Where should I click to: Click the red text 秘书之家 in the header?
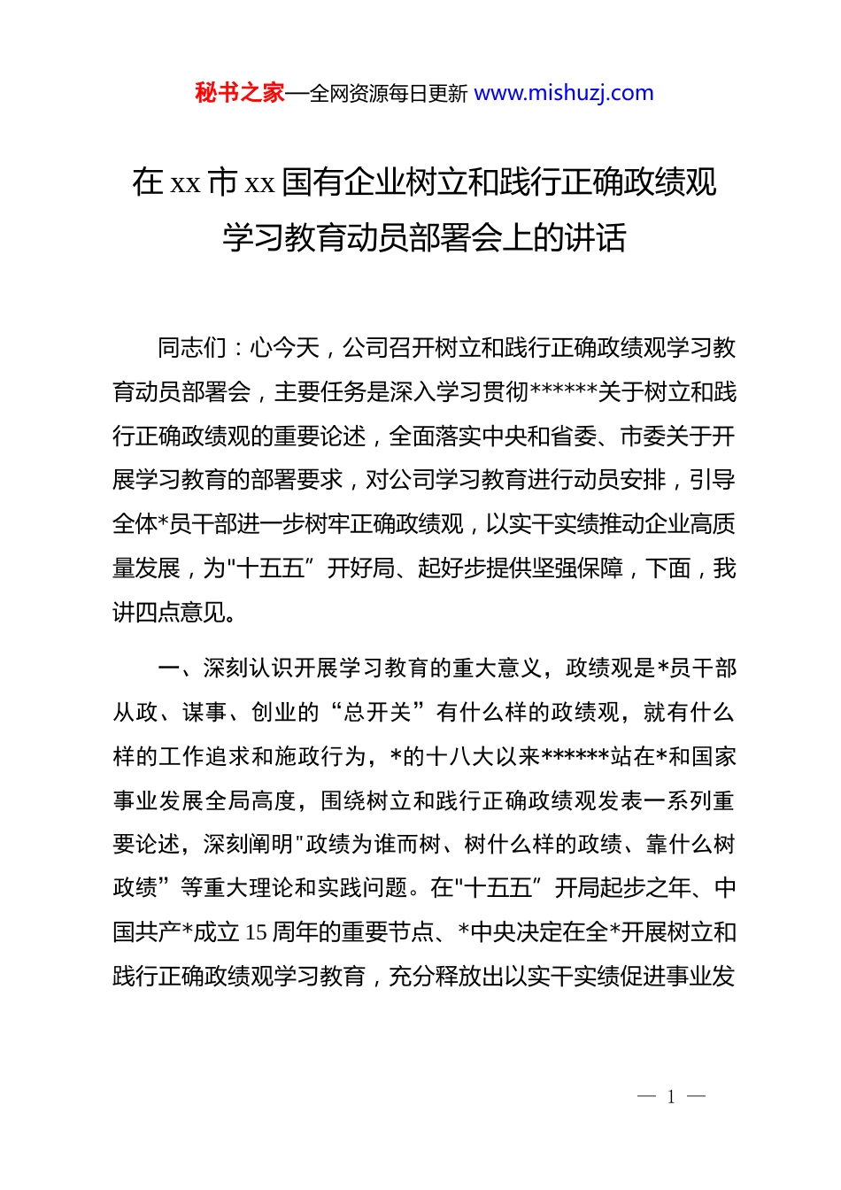tap(240, 93)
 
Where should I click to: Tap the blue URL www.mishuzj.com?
tap(564, 93)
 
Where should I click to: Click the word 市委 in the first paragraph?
tap(643, 437)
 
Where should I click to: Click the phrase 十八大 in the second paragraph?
tap(460, 757)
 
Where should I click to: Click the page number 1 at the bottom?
tap(671, 1097)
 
